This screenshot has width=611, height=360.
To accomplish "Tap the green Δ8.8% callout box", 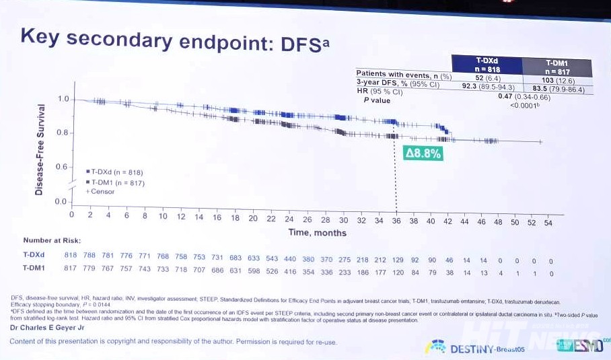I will [423, 153].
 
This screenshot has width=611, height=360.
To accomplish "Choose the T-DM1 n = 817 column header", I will [557, 67].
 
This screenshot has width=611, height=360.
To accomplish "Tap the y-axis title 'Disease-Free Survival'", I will [40, 149].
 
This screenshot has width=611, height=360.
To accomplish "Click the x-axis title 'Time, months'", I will [317, 233].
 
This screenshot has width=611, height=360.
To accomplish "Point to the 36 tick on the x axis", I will [396, 220].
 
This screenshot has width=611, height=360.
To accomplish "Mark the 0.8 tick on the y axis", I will [62, 133].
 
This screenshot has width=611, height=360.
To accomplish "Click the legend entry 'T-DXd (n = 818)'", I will [115, 172].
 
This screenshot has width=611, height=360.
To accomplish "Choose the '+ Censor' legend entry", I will [100, 192].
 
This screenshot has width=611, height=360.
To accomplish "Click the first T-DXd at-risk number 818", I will [71, 256].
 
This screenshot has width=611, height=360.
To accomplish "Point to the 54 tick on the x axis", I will [548, 223].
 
